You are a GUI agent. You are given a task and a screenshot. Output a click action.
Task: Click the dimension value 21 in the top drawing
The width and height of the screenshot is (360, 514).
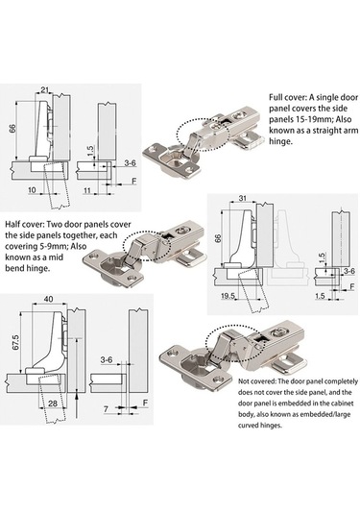(x=44, y=89)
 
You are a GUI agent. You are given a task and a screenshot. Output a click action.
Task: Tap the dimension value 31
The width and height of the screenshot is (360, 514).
(x=243, y=198)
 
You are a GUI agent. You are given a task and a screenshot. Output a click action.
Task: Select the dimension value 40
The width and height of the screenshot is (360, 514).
(x=49, y=299)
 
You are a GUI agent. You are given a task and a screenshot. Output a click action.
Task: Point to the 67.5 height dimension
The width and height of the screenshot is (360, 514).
(x=16, y=342)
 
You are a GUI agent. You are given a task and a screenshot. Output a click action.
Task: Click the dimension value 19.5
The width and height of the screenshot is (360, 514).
(x=228, y=296)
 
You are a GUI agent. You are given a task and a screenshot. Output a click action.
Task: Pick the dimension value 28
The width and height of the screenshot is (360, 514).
(x=53, y=403)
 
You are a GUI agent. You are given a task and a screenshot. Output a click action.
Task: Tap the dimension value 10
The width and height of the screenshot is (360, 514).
(x=32, y=190)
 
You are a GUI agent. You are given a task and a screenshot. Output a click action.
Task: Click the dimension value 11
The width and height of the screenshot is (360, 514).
(x=87, y=190)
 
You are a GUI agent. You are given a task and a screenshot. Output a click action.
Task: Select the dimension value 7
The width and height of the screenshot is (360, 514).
(x=106, y=408)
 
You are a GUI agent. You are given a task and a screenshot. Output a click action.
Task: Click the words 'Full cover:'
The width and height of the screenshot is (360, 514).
(x=287, y=97)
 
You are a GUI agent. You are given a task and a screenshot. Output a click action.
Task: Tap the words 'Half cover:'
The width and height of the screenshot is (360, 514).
(x=24, y=225)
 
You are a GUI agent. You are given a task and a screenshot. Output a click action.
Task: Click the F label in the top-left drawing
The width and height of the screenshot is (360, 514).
(x=133, y=181)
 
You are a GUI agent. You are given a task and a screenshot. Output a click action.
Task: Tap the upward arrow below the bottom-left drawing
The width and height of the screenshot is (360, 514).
(x=77, y=405)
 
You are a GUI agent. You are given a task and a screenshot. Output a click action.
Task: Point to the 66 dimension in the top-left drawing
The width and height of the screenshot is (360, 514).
(x=12, y=128)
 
